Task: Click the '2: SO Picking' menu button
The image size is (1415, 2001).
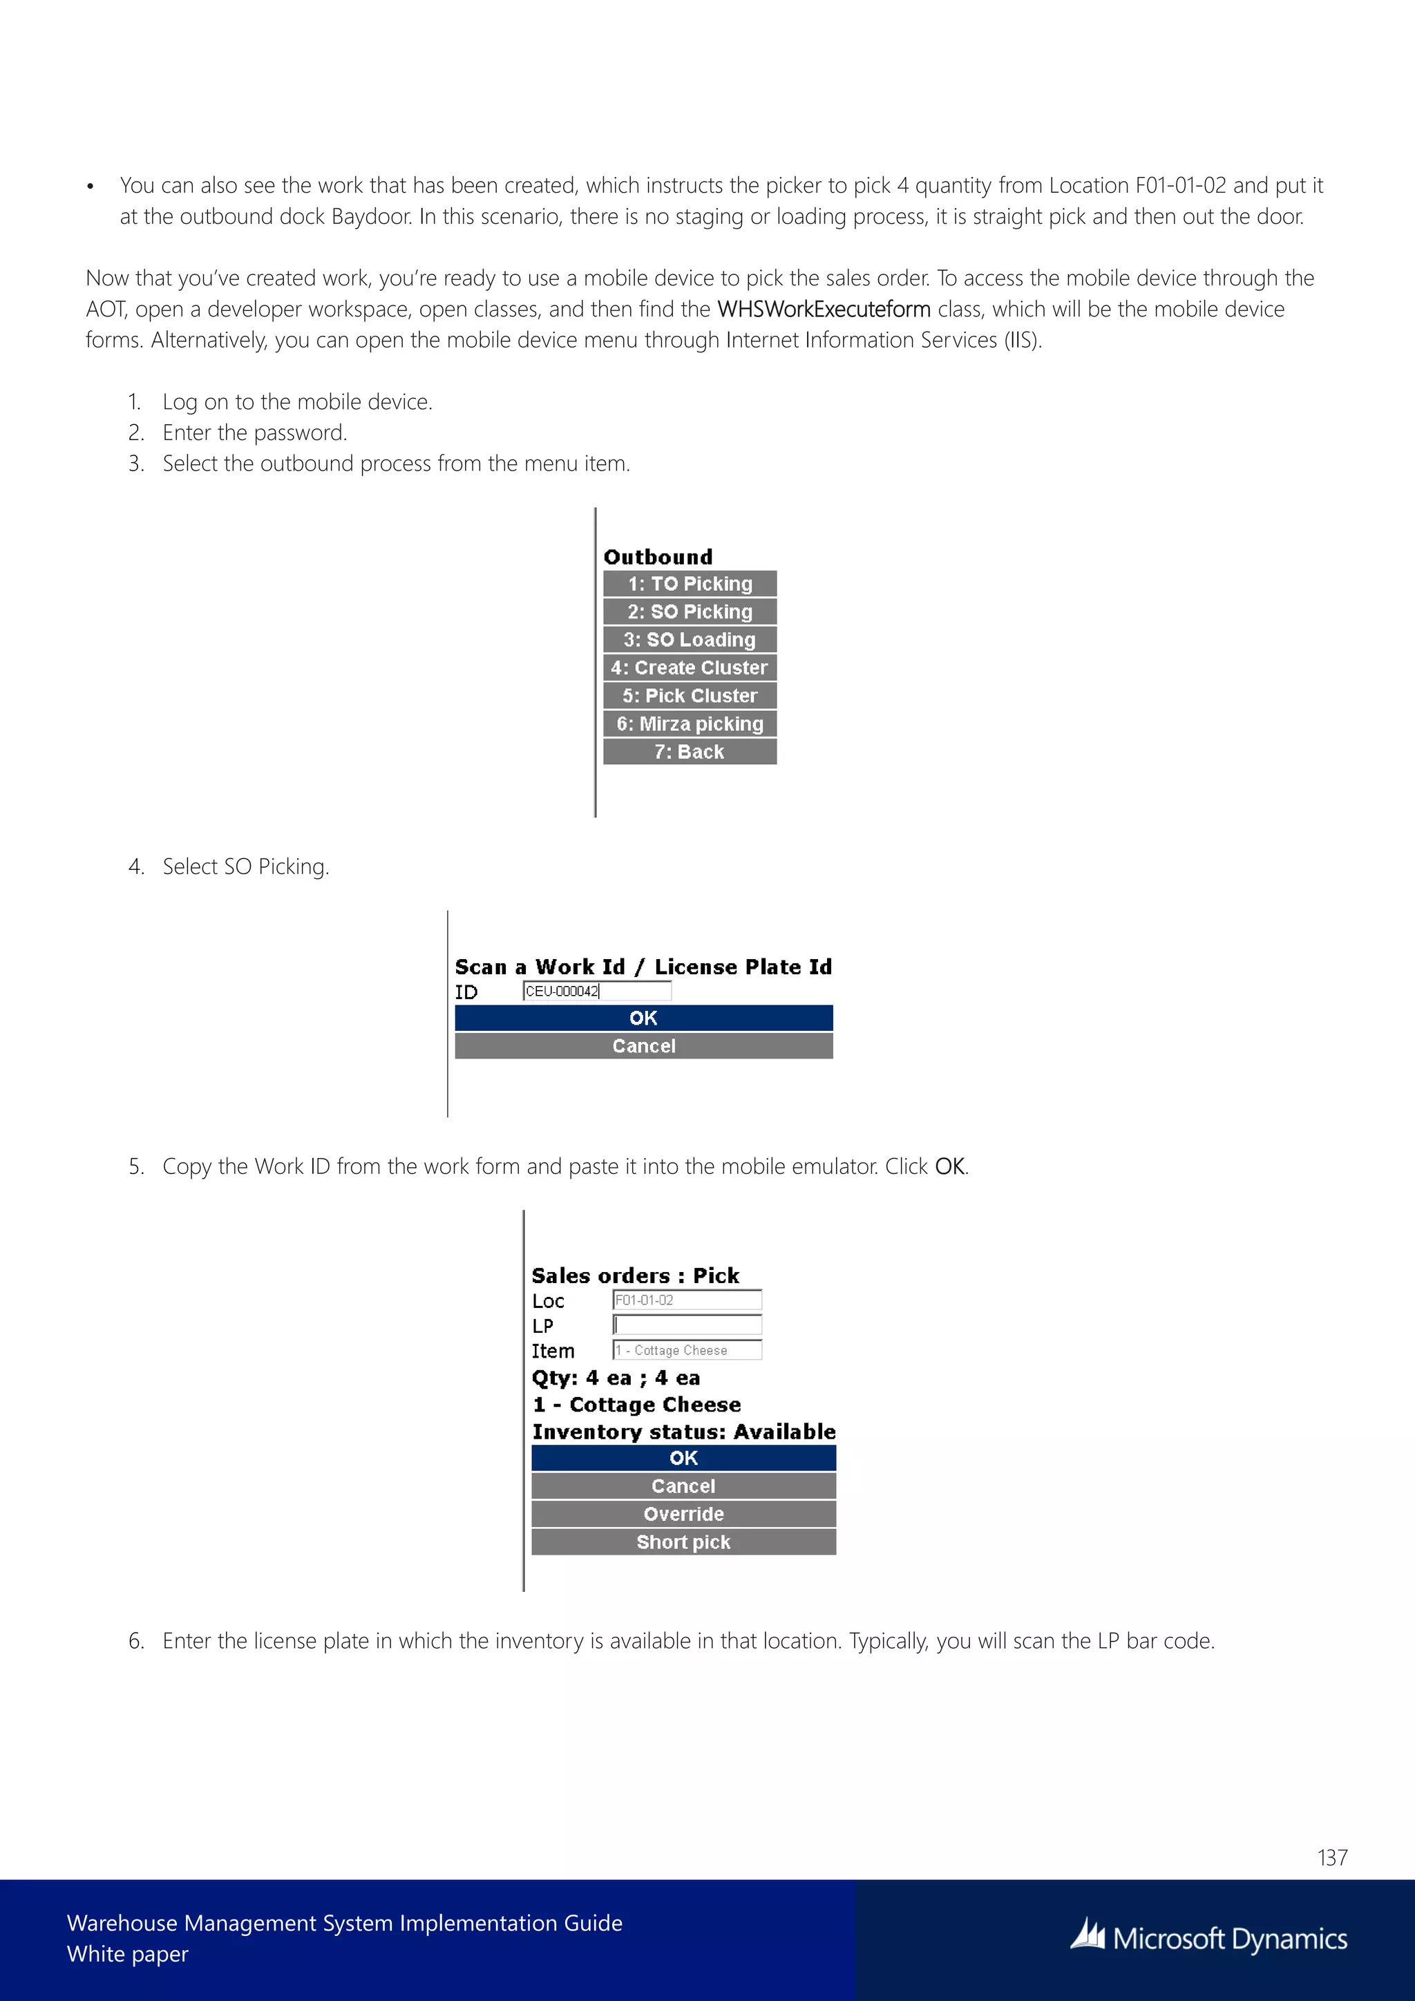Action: [x=690, y=611]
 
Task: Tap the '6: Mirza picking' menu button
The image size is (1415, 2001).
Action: [x=690, y=723]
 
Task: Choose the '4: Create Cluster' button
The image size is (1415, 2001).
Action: [x=690, y=667]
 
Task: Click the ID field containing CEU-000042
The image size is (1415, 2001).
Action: [x=597, y=991]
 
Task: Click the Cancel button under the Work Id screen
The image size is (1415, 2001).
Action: [x=643, y=1046]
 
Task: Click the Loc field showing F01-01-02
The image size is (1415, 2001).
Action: [x=687, y=1300]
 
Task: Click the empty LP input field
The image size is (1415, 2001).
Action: [x=687, y=1325]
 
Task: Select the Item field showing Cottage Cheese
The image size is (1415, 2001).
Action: [x=687, y=1350]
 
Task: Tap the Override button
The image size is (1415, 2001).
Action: [x=683, y=1514]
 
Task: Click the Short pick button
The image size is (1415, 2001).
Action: [x=683, y=1542]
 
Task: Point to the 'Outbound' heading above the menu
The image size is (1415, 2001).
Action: [x=658, y=557]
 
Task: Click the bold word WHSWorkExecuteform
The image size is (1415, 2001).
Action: [x=824, y=310]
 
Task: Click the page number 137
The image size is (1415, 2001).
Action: [x=1332, y=1857]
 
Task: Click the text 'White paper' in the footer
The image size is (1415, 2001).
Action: [x=127, y=1954]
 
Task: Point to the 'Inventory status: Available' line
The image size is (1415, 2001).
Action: [x=683, y=1432]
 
